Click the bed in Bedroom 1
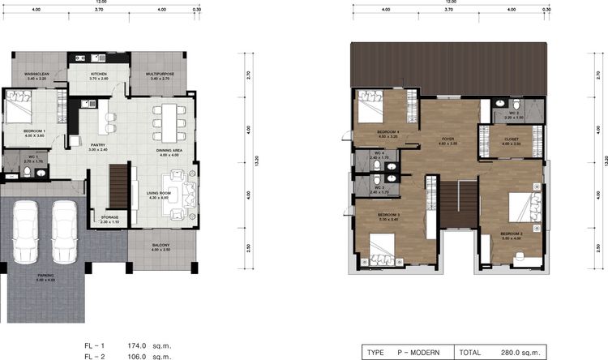[19, 105]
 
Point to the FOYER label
[447, 139]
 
